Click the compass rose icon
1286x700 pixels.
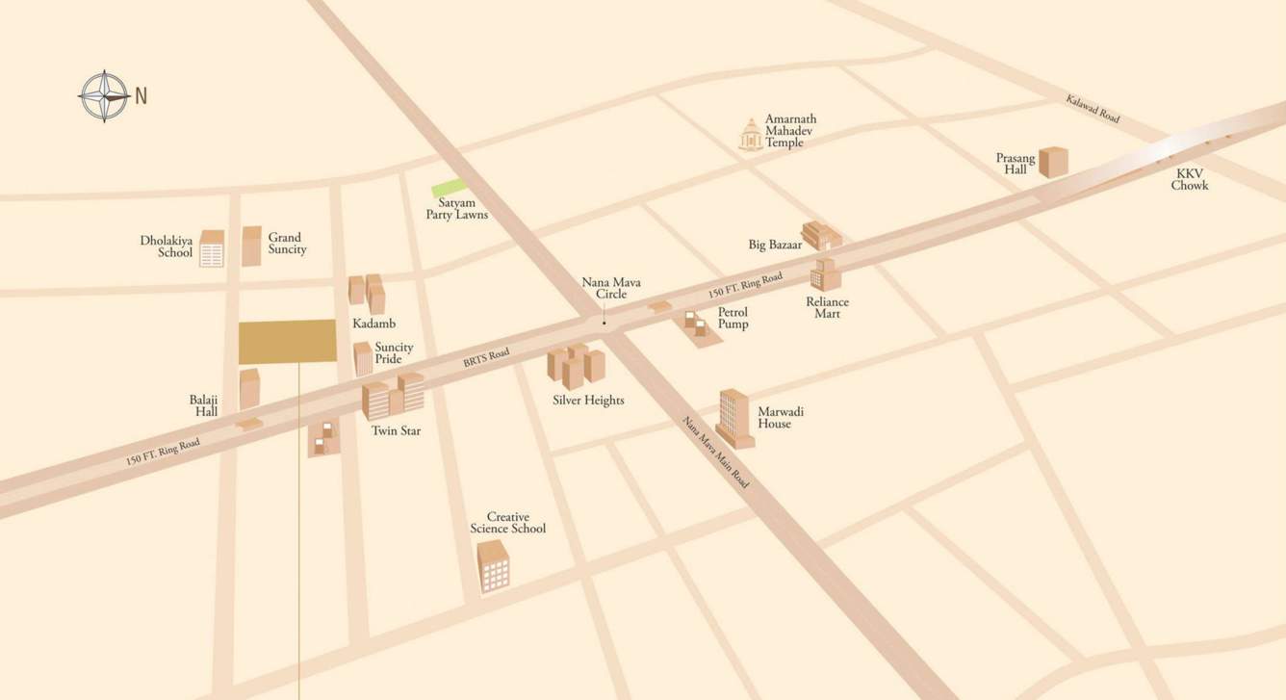pyautogui.click(x=104, y=96)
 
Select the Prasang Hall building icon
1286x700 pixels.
pyautogui.click(x=1053, y=162)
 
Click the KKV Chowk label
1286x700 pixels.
pyautogui.click(x=1189, y=179)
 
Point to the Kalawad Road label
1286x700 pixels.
pyautogui.click(x=1093, y=108)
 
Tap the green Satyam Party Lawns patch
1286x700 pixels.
pyautogui.click(x=449, y=189)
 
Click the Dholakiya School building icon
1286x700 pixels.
pyautogui.click(x=212, y=248)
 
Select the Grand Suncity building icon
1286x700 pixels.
pyautogui.click(x=251, y=246)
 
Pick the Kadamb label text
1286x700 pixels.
pyautogui.click(x=373, y=324)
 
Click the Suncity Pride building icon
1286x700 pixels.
pyautogui.click(x=363, y=358)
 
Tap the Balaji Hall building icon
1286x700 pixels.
pyautogui.click(x=249, y=388)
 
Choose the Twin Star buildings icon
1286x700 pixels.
pyautogui.click(x=393, y=395)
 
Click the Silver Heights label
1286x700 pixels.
pyautogui.click(x=588, y=401)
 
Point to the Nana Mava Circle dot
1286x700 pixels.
pyautogui.click(x=604, y=323)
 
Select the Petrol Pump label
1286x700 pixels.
pyautogui.click(x=733, y=319)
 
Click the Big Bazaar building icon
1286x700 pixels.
pyautogui.click(x=821, y=236)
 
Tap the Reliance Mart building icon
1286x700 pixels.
pyautogui.click(x=825, y=274)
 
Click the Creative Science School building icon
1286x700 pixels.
pyautogui.click(x=493, y=565)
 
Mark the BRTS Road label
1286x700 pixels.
pyautogui.click(x=485, y=358)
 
